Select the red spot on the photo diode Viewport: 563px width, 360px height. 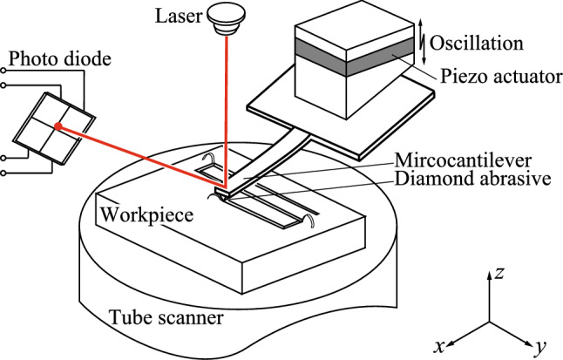[58, 127]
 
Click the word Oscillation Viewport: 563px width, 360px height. [481, 41]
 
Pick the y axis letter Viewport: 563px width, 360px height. [539, 348]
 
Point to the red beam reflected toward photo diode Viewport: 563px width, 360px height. [139, 158]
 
